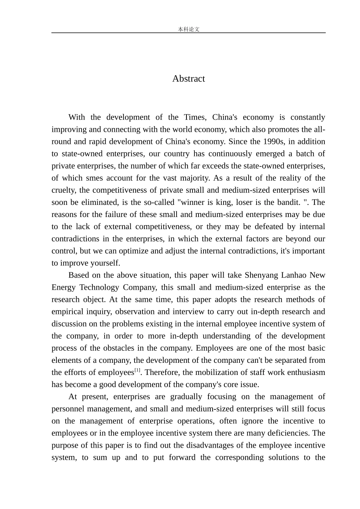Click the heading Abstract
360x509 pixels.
[x=188, y=78]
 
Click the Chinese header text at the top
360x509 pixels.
[x=188, y=29]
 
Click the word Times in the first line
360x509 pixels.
[x=194, y=117]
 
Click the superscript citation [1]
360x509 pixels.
[x=137, y=370]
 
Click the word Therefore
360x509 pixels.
[x=161, y=372]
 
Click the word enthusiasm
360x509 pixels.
[x=306, y=372]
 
